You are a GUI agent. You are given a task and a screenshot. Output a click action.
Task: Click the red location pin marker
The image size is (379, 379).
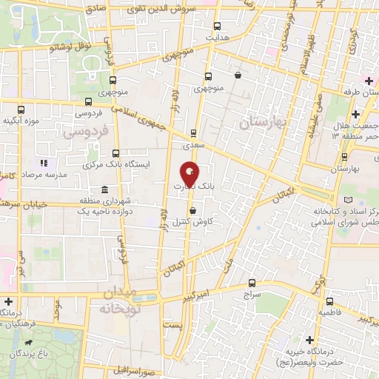pyautogui.click(x=189, y=175)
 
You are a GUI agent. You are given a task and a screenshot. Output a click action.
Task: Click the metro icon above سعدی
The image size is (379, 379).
pyautogui.click(x=193, y=133)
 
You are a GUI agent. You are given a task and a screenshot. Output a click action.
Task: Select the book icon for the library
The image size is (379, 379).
pyautogui.click(x=349, y=200)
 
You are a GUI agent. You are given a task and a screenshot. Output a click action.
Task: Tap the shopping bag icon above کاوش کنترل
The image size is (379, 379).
pyautogui.click(x=193, y=209)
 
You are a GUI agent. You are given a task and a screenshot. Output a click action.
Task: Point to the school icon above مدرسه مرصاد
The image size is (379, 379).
pyautogui.click(x=44, y=162)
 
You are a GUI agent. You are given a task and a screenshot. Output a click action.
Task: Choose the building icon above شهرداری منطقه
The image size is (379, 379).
pyautogui.click(x=103, y=188)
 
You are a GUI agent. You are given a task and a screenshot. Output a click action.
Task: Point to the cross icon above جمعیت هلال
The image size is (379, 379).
pyautogui.click(x=355, y=114)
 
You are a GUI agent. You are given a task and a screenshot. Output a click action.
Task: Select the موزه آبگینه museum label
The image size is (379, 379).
pyautogui.click(x=20, y=121)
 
